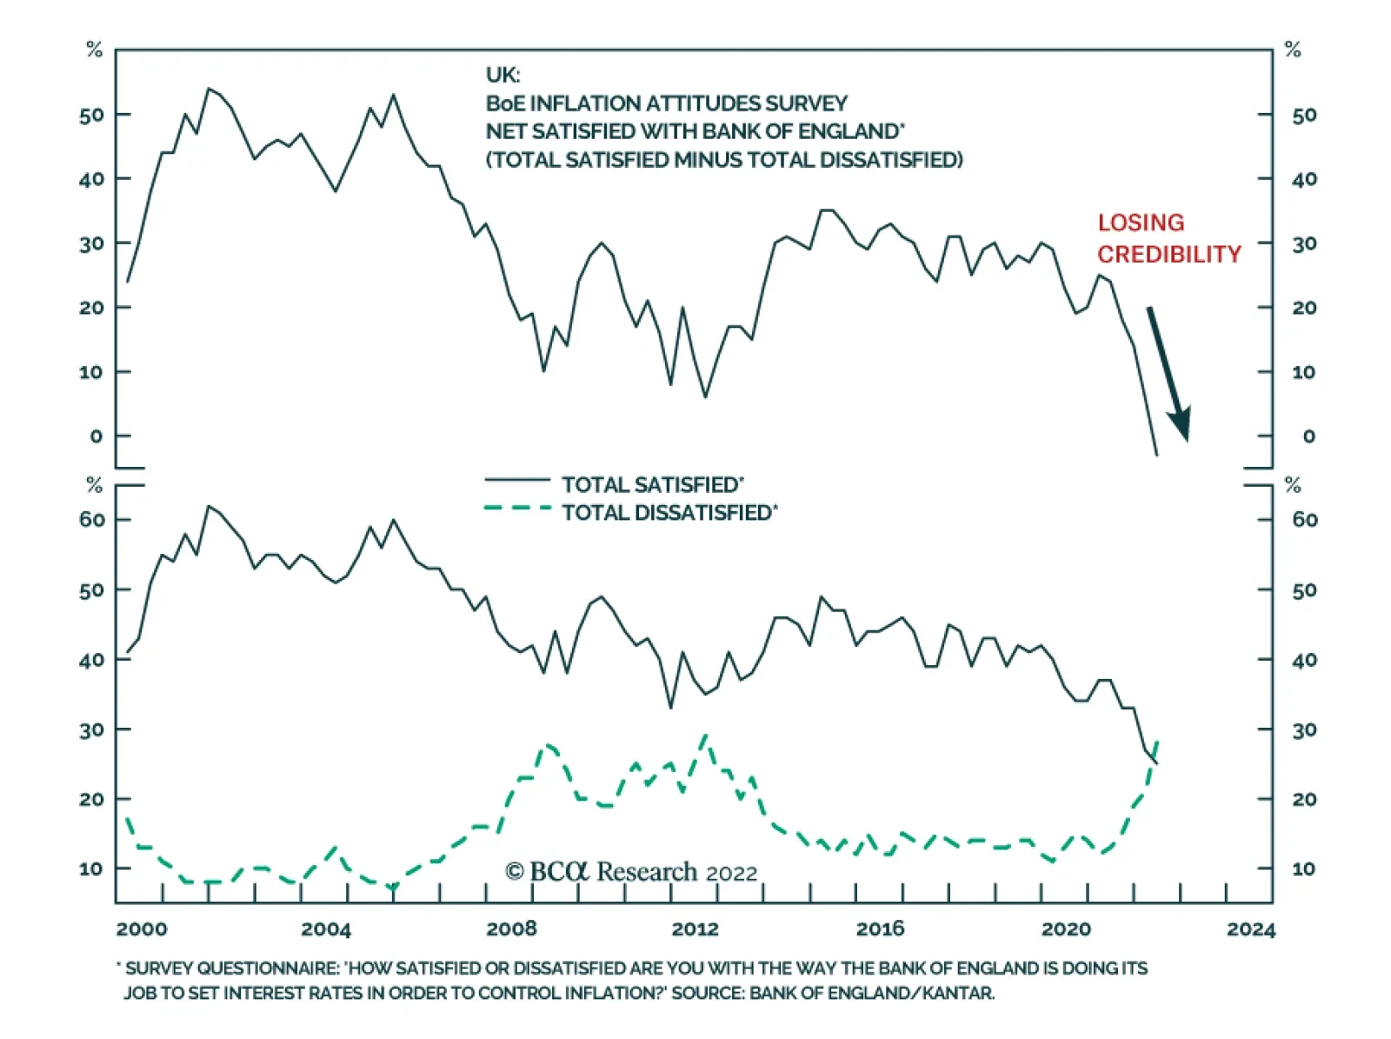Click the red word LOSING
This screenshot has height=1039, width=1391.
1141,223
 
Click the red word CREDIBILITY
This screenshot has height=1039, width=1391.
1168,254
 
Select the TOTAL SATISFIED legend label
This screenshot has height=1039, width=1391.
652,484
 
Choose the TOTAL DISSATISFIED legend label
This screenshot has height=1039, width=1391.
669,513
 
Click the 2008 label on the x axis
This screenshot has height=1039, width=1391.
511,929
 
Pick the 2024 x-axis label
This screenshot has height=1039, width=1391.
1250,929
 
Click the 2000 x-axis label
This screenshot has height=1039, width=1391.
142,929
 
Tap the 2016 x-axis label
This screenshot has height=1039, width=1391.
880,929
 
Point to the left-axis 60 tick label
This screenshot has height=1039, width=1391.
91,520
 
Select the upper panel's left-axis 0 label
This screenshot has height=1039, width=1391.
96,436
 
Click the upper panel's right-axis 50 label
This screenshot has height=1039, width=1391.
1304,115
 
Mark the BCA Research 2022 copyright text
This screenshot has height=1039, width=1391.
631,872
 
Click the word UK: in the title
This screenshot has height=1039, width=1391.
502,75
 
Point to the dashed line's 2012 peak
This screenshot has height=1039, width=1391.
704,736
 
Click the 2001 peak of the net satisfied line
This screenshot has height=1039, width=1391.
208,89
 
